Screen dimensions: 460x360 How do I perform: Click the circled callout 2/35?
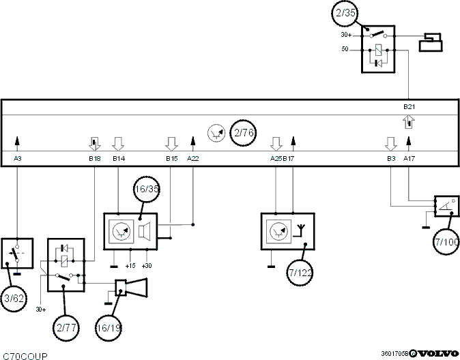click(345, 13)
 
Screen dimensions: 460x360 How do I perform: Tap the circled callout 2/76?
click(243, 133)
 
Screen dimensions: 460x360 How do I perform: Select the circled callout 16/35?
click(147, 189)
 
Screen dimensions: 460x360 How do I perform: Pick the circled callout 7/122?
click(300, 273)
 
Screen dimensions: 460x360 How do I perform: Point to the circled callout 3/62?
click(14, 299)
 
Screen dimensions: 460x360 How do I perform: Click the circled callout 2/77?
click(66, 327)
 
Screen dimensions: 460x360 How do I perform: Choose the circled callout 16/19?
click(109, 328)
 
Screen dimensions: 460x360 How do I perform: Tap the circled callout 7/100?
click(446, 242)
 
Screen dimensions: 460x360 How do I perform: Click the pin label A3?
click(18, 159)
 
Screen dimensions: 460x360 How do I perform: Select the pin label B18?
click(95, 159)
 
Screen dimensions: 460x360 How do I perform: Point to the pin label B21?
click(409, 107)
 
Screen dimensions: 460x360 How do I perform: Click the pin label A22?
click(193, 159)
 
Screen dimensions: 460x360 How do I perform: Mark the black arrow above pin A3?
click(17, 141)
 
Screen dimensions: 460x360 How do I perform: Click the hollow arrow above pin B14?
click(118, 144)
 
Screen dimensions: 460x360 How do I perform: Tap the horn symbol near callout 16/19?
click(131, 287)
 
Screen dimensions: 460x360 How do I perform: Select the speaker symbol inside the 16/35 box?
click(144, 231)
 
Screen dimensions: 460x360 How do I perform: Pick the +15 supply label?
click(130, 266)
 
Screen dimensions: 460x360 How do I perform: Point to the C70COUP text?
click(25, 356)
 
